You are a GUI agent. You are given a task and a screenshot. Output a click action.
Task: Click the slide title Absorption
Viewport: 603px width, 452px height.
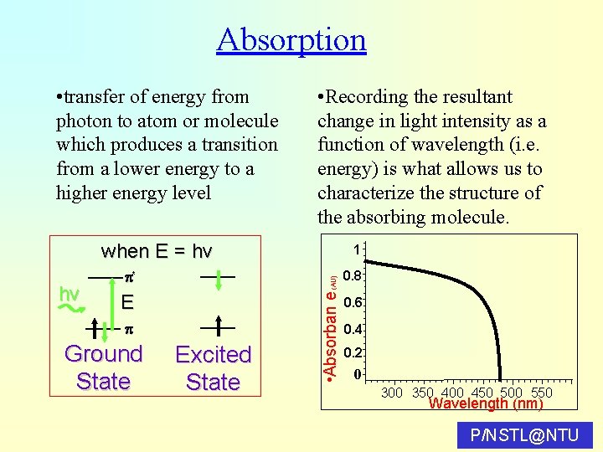291,39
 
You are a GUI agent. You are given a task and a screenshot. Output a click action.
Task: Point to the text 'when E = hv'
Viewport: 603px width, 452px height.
157,251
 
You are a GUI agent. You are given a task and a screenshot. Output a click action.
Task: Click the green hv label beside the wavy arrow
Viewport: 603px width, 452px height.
70,293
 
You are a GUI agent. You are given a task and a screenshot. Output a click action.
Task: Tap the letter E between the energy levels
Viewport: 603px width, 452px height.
127,302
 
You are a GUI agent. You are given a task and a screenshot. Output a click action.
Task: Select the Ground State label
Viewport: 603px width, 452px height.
103,367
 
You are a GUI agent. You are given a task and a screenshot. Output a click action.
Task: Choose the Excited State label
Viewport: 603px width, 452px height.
213,368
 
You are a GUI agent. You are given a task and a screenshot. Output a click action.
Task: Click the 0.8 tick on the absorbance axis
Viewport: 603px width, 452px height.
354,275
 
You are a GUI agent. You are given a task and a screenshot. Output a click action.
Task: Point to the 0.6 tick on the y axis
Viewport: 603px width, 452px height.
354,302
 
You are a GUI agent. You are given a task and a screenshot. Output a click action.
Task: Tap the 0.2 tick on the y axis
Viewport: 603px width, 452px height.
354,353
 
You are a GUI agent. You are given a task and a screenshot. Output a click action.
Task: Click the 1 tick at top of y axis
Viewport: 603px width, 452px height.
357,249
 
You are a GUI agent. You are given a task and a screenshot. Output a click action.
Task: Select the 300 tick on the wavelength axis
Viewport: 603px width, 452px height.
392,393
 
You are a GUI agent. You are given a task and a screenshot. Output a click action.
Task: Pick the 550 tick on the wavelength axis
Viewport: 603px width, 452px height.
542,393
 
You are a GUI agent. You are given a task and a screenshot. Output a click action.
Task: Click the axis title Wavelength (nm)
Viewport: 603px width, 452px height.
486,404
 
